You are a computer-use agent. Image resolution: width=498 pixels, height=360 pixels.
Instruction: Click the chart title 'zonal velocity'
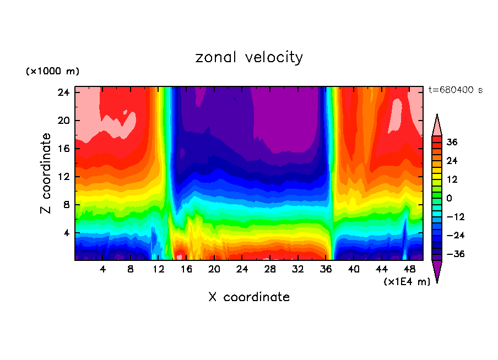[249, 57]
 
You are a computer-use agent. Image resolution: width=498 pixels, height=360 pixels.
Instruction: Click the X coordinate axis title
[249, 297]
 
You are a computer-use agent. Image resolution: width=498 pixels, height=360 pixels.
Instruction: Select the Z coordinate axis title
[47, 173]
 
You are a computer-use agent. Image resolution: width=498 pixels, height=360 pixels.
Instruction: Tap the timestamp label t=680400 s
[455, 90]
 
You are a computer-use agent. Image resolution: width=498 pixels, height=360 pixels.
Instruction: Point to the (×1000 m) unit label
[53, 72]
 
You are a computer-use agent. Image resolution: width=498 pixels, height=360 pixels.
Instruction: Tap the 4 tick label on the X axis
[102, 270]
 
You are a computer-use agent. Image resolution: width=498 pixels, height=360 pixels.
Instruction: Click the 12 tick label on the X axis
[158, 270]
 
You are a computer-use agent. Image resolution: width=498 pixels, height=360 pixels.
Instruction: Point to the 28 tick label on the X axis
[270, 270]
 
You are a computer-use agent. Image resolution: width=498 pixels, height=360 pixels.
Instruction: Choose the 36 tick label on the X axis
[326, 270]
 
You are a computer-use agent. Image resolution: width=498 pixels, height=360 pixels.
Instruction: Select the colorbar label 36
[452, 142]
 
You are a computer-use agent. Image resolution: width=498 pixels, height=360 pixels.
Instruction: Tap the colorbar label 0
[449, 198]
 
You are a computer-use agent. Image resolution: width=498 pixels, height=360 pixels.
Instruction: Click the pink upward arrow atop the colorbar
[437, 125]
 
